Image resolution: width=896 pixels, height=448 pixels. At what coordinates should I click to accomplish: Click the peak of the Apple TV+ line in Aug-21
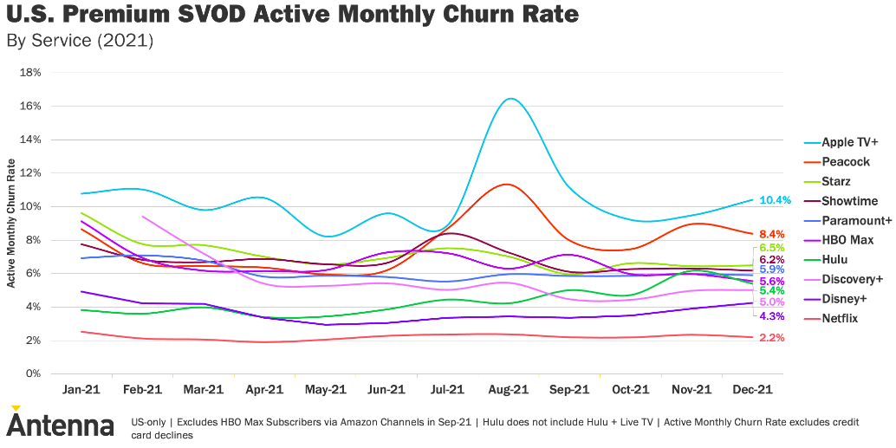coord(510,99)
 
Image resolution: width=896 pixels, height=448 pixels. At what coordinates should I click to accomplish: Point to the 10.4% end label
coord(775,200)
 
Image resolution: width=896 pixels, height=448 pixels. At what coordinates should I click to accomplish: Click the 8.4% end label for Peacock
coord(771,234)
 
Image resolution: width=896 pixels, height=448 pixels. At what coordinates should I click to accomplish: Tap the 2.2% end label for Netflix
coord(771,337)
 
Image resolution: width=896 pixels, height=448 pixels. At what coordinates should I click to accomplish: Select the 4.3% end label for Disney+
coord(771,316)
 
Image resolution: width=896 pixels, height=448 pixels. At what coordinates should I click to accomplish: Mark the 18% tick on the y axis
coord(31,73)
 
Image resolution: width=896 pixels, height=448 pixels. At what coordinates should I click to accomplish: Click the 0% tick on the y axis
coord(34,374)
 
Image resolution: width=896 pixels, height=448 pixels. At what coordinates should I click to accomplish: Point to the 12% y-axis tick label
coord(31,173)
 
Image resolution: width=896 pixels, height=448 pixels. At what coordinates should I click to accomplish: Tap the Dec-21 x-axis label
coord(752,390)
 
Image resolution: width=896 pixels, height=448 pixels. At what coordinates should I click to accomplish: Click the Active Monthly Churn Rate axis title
coord(11,224)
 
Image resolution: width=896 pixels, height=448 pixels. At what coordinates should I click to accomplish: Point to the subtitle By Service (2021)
coord(79,41)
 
